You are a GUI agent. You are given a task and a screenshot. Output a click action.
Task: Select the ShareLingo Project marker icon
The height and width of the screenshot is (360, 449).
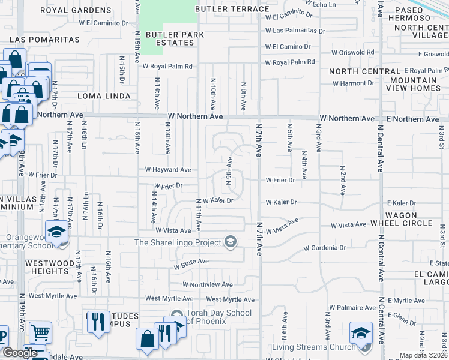[229, 242]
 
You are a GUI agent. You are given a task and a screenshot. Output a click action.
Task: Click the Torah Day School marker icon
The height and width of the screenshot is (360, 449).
[176, 316]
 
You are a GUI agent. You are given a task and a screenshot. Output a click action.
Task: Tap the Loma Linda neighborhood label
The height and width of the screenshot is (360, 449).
[104, 96]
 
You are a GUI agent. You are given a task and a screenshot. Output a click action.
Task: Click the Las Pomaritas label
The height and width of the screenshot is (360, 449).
[44, 39]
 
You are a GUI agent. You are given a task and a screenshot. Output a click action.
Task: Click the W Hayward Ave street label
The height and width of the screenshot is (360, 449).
[167, 170]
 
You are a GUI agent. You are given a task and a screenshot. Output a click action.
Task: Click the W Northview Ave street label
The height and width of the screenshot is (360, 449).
[208, 284]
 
